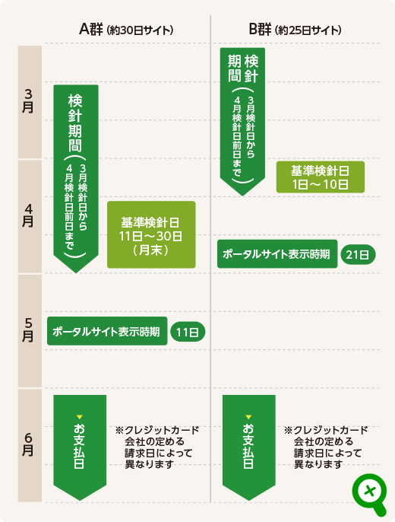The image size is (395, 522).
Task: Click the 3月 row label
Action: click(28, 101)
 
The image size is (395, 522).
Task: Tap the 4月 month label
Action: click(28, 215)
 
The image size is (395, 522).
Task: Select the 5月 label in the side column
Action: click(28, 330)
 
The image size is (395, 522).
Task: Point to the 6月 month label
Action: click(28, 444)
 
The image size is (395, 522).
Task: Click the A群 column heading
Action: click(91, 30)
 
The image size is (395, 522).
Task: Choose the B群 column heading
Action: click(260, 30)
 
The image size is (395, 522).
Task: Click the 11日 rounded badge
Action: click(188, 332)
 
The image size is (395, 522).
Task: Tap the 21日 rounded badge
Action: click(358, 255)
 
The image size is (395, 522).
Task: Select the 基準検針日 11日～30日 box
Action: click(151, 234)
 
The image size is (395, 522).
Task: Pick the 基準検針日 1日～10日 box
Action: click(321, 177)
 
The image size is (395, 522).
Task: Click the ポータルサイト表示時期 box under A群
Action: click(107, 331)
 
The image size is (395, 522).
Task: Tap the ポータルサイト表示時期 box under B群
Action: click(277, 253)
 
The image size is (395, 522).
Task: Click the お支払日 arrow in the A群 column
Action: click(80, 447)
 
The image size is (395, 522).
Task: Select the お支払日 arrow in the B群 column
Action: click(249, 447)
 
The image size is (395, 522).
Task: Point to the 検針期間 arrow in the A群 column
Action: click(76, 178)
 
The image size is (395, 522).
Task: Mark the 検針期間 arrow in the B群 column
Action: click(242, 122)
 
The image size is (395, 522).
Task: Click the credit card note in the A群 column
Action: click(156, 447)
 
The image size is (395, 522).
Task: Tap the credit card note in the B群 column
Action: click(326, 447)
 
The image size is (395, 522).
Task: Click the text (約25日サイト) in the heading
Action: click(308, 30)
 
